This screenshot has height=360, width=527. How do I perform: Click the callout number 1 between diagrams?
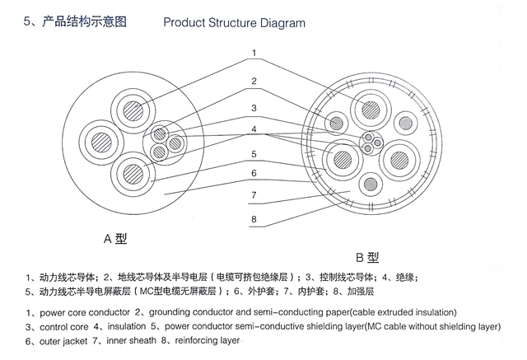[x=254, y=54]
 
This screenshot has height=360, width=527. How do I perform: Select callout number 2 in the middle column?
[x=254, y=81]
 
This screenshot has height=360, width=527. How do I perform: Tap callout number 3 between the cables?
[x=254, y=107]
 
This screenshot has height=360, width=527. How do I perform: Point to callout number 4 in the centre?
[x=254, y=129]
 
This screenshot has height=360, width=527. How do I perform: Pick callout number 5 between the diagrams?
[x=254, y=152]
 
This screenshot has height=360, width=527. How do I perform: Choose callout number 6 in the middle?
[x=254, y=173]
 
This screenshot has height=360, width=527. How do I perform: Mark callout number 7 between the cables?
[x=254, y=195]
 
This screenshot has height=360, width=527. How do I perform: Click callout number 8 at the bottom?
[x=254, y=220]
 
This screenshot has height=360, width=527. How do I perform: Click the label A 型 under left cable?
[x=116, y=239]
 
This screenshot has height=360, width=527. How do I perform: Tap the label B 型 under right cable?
[x=368, y=256]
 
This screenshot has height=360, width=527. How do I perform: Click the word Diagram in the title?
[x=277, y=22]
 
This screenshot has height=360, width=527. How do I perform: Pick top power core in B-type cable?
[x=366, y=108]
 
